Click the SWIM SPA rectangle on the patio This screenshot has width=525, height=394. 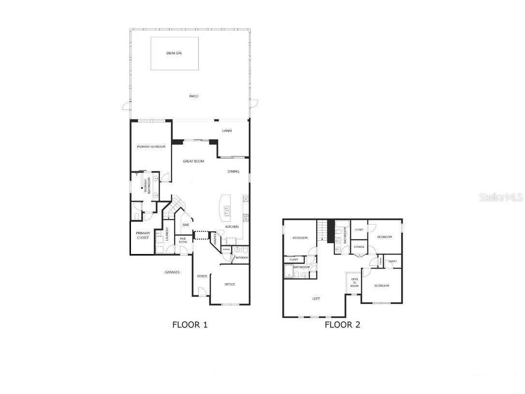(x=175, y=53)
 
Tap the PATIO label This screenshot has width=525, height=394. (x=193, y=96)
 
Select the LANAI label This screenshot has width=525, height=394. (x=227, y=131)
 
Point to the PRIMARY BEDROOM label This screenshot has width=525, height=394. (x=151, y=147)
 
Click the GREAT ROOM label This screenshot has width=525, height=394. (x=193, y=161)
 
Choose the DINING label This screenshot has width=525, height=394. (x=233, y=171)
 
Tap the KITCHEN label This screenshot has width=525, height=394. (x=232, y=227)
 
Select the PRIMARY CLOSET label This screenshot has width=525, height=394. (x=143, y=235)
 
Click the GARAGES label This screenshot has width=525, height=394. (x=172, y=272)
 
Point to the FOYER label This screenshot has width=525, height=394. (x=202, y=276)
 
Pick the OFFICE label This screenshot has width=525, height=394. (x=230, y=284)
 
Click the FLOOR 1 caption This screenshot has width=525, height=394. (x=190, y=325)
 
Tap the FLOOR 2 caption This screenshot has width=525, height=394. (x=342, y=325)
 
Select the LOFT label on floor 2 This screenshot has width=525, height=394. (x=316, y=299)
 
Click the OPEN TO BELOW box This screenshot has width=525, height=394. (x=354, y=283)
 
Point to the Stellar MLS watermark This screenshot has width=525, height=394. (x=501, y=197)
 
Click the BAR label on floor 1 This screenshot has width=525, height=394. (x=185, y=225)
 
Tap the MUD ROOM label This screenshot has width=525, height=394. (x=183, y=240)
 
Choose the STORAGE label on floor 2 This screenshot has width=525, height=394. (x=359, y=247)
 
